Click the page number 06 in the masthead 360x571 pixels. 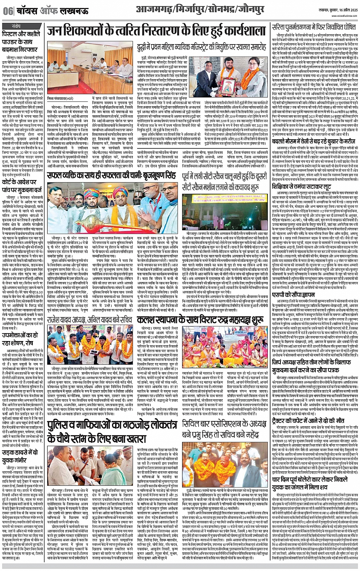pyautogui.click(x=7, y=11)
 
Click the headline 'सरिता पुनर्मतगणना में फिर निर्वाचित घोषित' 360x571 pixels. pyautogui.click(x=314, y=27)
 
